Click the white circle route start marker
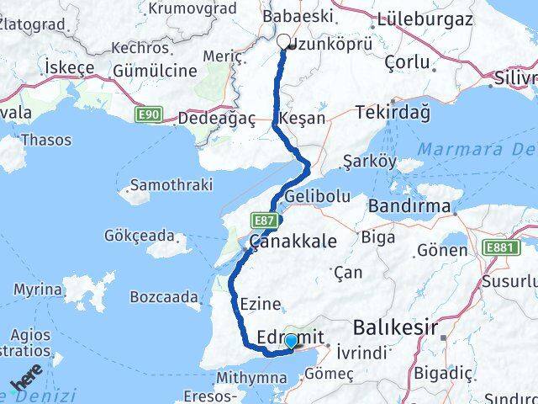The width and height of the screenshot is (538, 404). point(283,40)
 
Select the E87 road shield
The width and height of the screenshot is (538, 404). point(262,220)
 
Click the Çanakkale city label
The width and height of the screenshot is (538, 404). point(291,241)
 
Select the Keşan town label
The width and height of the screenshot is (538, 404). point(304,119)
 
